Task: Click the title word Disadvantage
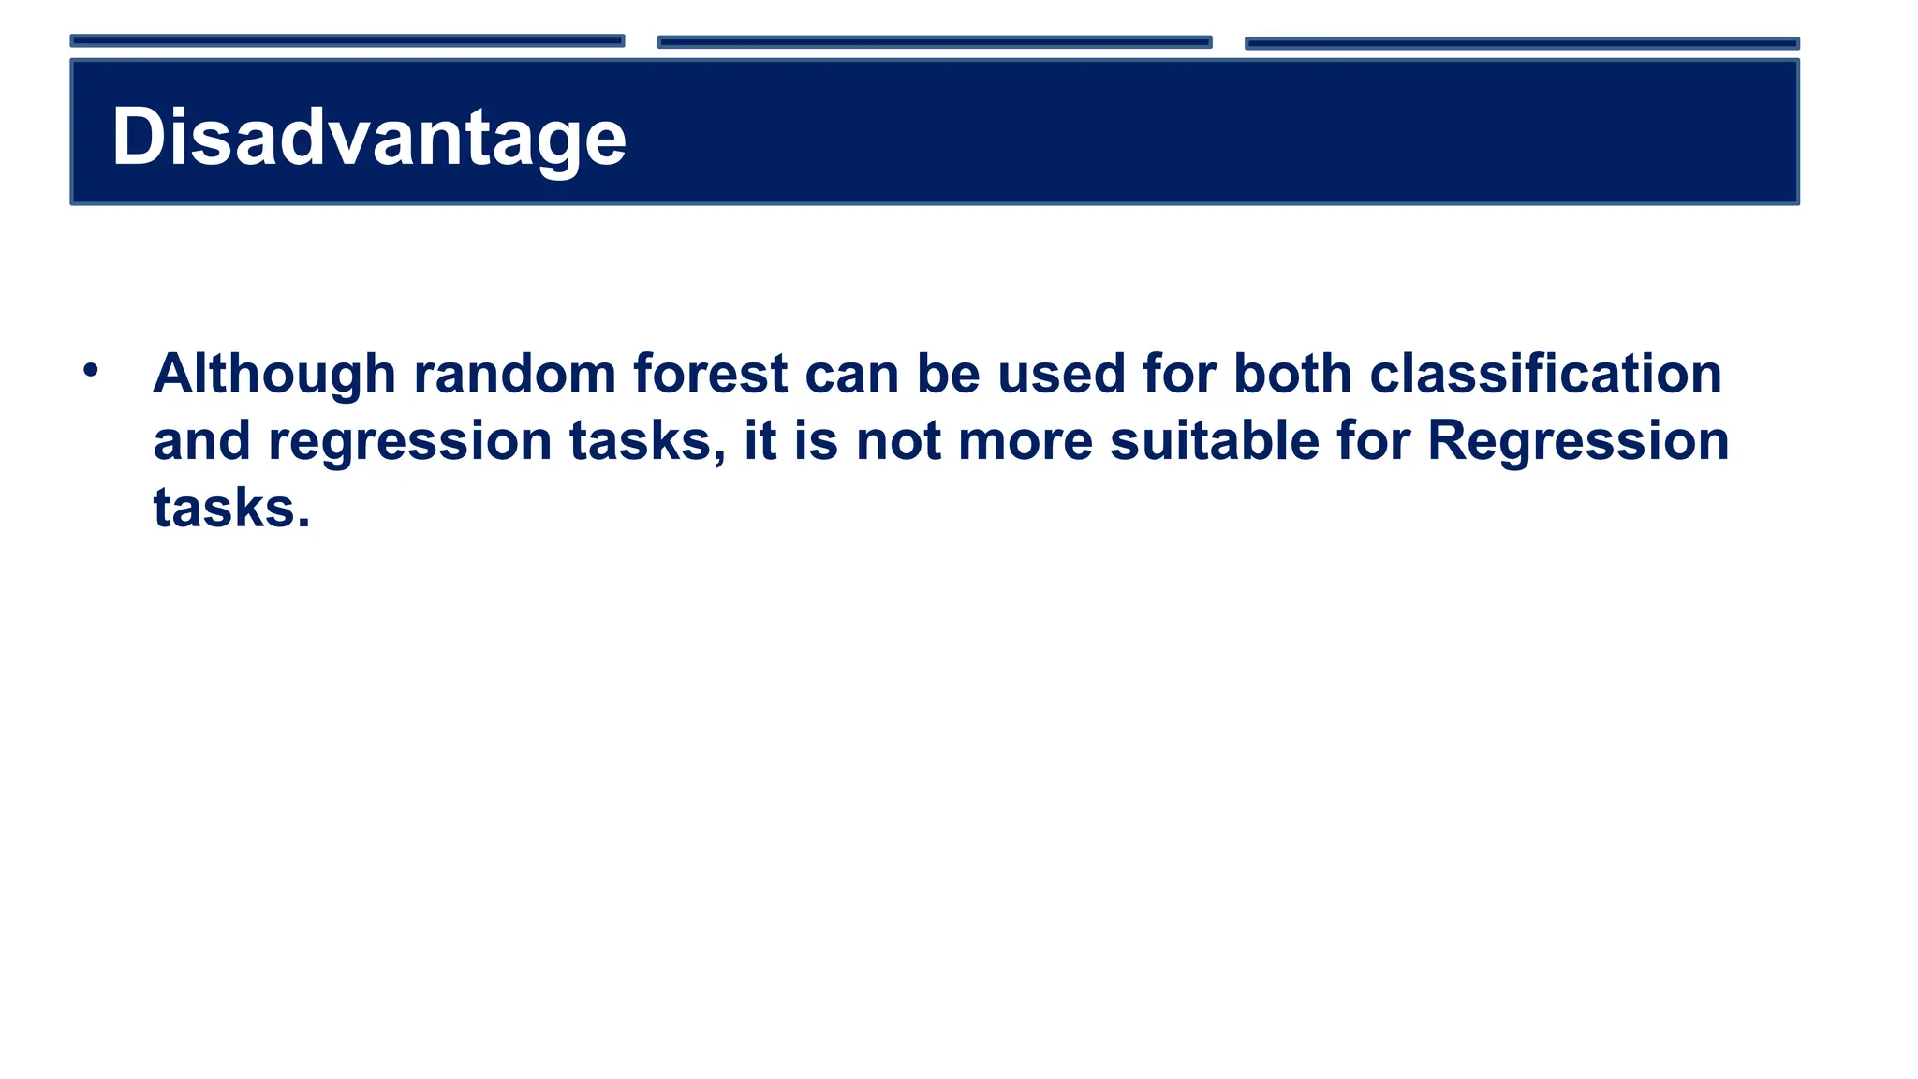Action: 369,138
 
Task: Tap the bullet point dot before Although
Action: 90,370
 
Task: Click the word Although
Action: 274,374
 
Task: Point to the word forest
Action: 710,374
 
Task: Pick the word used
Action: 1060,374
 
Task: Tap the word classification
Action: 1545,374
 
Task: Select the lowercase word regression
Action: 410,441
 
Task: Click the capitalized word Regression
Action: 1578,441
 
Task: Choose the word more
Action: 1025,441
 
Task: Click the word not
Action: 898,441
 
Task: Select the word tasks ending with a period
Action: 230,509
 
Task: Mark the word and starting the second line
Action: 201,441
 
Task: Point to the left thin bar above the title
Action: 347,41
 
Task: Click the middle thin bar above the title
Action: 935,42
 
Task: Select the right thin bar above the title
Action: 1522,43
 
